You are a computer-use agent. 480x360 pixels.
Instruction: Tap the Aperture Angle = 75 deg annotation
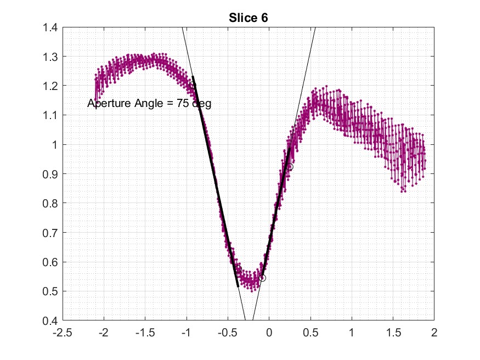149,103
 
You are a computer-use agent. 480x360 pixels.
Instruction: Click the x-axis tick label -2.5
63,333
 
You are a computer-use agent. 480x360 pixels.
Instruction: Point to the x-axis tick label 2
434,333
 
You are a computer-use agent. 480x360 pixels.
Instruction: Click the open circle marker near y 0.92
290,166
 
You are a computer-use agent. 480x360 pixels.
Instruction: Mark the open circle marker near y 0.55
262,278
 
